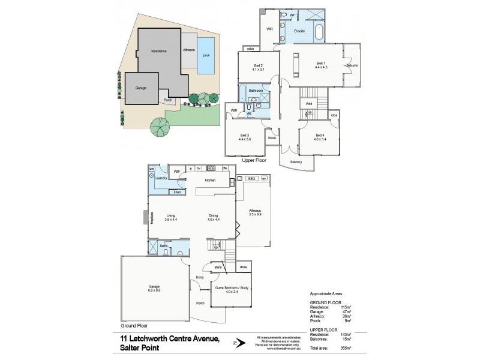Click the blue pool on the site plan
tap(207, 55)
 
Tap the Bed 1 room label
tap(321, 63)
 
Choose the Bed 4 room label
tap(320, 135)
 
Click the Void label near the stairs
tap(308, 104)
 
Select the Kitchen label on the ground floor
tap(210, 180)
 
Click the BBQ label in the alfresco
tap(251, 178)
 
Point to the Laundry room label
tap(160, 178)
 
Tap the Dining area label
tap(213, 215)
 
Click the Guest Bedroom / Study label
tap(228, 288)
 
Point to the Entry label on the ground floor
tap(200, 277)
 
